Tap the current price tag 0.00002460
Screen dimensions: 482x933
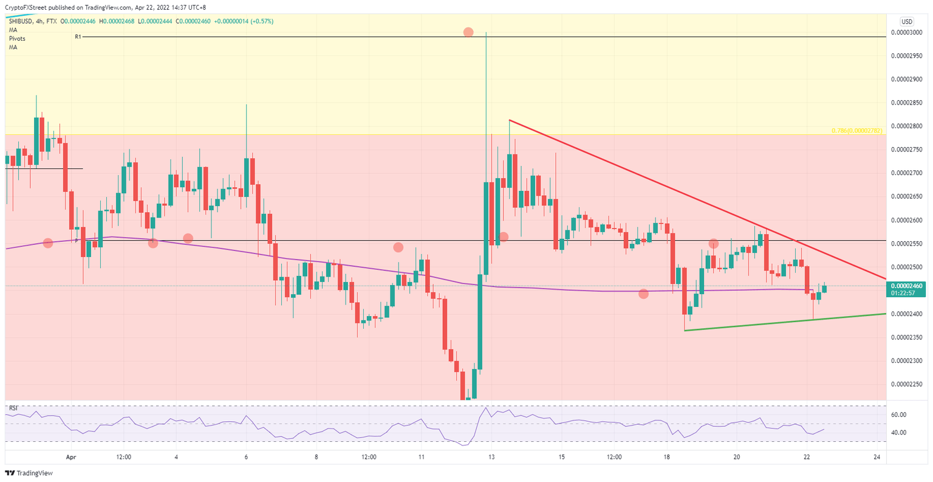click(907, 285)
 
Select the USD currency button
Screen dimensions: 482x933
click(907, 21)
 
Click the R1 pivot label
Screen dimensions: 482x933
click(78, 37)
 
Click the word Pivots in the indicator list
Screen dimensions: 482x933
click(17, 38)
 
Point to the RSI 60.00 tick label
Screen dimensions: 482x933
click(899, 415)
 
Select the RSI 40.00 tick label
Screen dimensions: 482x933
click(899, 433)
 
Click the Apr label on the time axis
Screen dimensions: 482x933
click(71, 456)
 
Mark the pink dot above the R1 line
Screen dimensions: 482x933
click(468, 32)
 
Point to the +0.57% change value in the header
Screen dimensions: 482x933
click(262, 21)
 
